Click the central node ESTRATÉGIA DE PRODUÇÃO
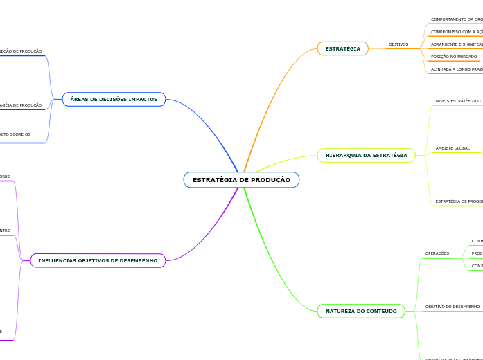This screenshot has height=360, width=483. (241, 180)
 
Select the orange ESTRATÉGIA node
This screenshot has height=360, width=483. (342, 49)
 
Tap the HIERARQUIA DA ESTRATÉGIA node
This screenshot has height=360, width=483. (366, 156)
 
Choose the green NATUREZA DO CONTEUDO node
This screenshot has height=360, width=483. (361, 312)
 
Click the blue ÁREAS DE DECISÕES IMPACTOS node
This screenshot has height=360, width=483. (114, 100)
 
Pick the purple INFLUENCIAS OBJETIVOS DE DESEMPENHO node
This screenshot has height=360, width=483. (98, 261)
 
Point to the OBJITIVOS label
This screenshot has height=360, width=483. (398, 44)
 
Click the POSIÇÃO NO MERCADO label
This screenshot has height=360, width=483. (454, 57)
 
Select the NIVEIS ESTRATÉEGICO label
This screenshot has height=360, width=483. (458, 101)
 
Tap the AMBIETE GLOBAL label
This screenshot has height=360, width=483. (453, 148)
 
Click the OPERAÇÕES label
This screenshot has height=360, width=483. (437, 253)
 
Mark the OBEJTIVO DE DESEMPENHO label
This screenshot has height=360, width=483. (452, 307)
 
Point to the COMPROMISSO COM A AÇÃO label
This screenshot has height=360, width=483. (457, 32)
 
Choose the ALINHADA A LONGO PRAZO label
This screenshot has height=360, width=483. (457, 69)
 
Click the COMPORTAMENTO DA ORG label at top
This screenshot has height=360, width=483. (457, 19)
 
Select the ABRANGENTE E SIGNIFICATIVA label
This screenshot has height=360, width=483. (457, 44)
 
